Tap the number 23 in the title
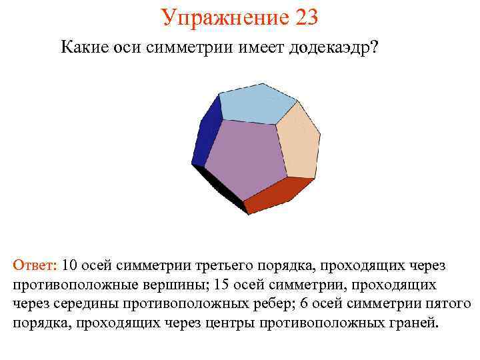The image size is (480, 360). point(304,17)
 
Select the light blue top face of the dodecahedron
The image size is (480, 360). point(257,103)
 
